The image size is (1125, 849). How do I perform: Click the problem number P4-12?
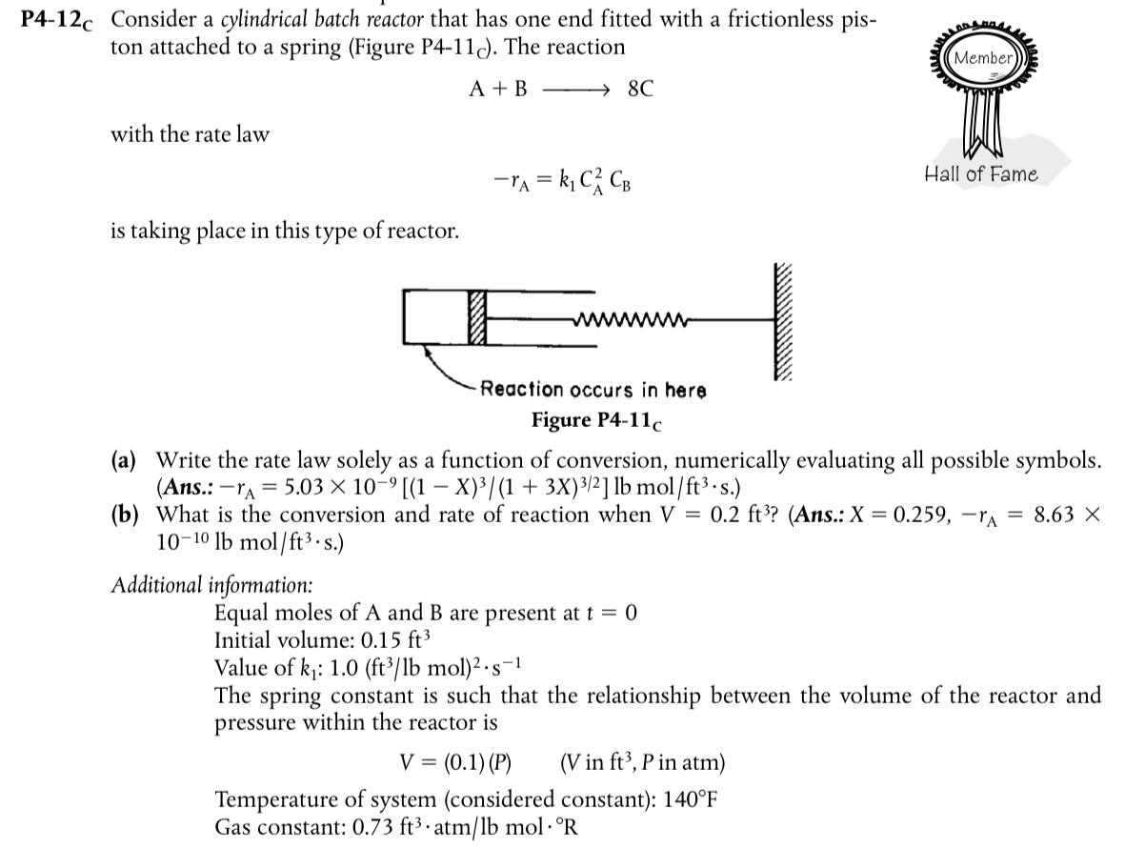tap(60, 19)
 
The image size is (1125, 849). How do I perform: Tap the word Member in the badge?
tap(982, 58)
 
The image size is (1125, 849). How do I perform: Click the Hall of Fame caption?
tap(981, 174)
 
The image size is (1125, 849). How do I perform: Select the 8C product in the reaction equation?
tap(641, 90)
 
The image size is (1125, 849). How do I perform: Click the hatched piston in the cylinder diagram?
tap(476, 315)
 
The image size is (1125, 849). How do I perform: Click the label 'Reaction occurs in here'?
tap(593, 390)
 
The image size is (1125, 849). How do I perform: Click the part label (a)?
tap(125, 460)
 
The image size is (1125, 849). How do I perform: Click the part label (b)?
tap(125, 515)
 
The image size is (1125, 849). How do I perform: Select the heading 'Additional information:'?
tap(211, 584)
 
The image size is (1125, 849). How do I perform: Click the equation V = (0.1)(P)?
tap(454, 762)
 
